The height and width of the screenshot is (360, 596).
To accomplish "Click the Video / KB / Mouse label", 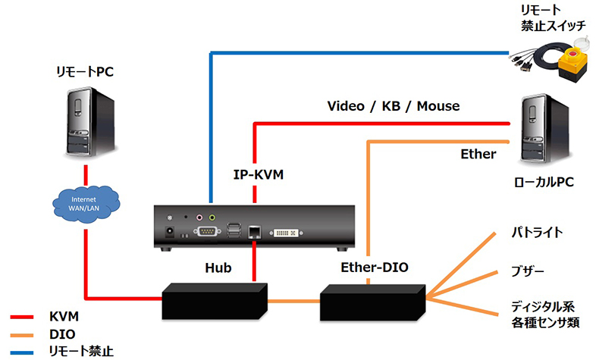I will coord(393,105).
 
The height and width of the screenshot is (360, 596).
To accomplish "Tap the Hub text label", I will coord(218,268).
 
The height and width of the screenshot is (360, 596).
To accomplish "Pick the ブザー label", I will coord(529,271).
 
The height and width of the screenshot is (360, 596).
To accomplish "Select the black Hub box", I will coord(215,300).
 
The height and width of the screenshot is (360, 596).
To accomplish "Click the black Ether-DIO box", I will coord(372,301).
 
